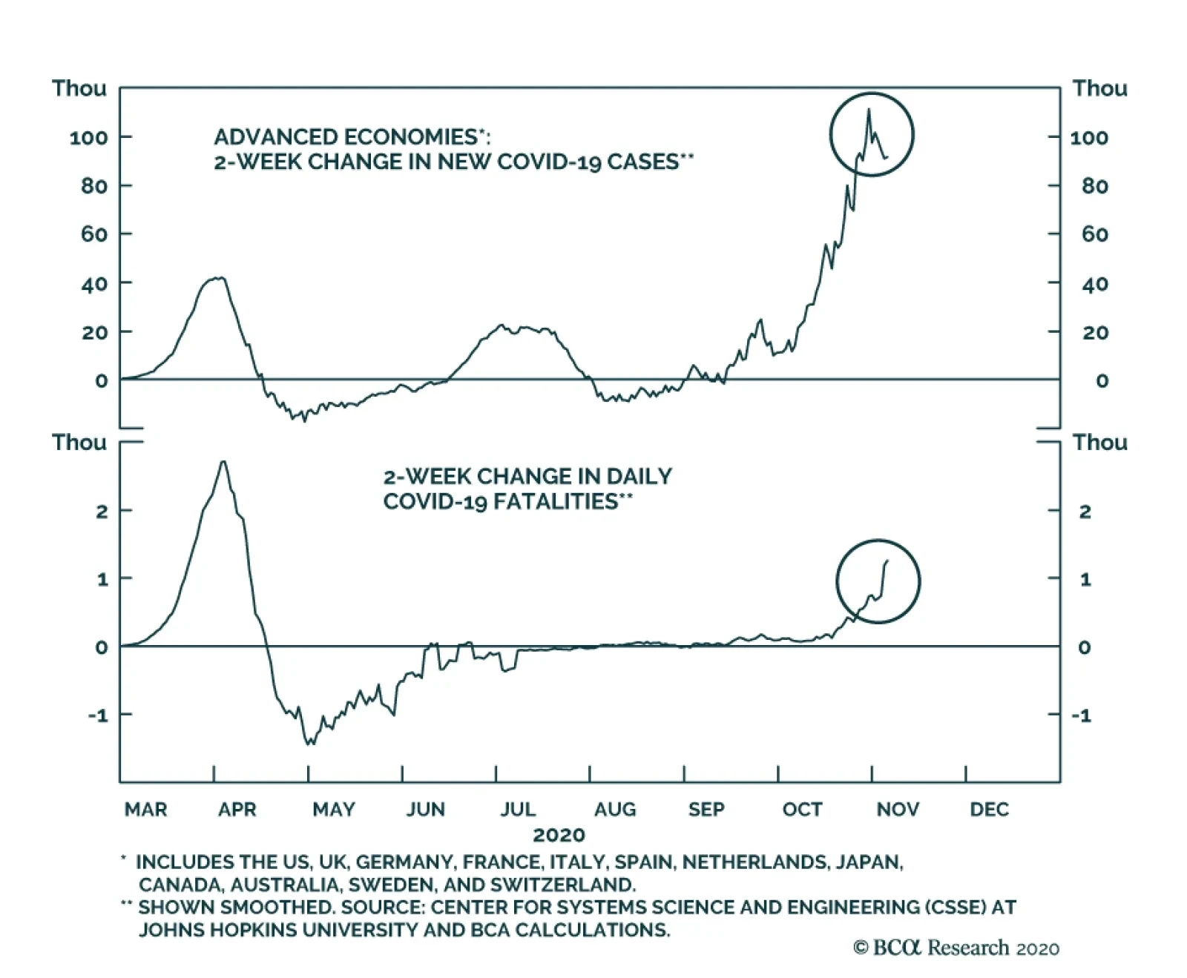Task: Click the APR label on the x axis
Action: click(x=237, y=809)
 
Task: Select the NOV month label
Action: click(x=897, y=809)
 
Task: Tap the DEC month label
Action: click(x=989, y=809)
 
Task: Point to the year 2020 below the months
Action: click(x=559, y=835)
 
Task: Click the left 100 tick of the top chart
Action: click(x=88, y=137)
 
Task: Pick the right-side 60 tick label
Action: click(x=1094, y=234)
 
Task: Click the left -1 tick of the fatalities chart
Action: click(x=97, y=716)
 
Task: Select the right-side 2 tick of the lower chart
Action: click(x=1085, y=511)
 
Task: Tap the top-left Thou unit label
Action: click(x=79, y=88)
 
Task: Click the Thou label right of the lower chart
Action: click(x=1099, y=443)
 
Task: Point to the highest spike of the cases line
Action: click(x=869, y=110)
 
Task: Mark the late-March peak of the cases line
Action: click(x=218, y=278)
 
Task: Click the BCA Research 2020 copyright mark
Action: click(x=956, y=948)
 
